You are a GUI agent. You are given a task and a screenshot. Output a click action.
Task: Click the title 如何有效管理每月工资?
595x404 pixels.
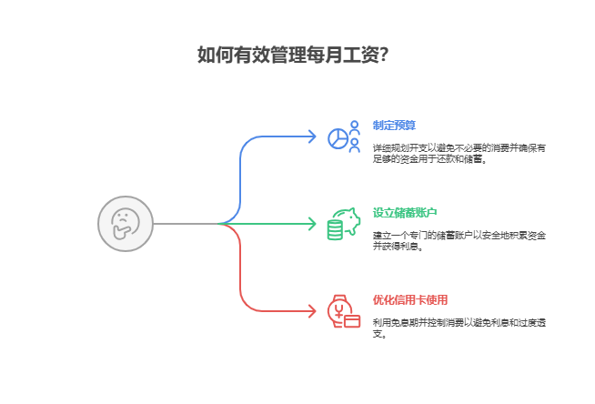point(292,55)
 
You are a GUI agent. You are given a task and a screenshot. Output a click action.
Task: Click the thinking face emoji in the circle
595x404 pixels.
point(126,223)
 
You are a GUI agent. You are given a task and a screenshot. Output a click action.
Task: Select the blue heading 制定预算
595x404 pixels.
point(395,125)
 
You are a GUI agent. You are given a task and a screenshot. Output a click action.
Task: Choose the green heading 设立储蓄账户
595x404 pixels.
point(405,212)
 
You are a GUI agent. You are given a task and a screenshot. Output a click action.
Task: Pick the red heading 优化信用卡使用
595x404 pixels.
point(410,299)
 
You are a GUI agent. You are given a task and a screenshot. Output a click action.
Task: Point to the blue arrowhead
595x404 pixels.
point(311,136)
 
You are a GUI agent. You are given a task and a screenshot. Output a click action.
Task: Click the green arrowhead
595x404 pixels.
point(311,223)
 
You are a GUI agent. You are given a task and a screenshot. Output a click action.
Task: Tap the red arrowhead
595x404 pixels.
point(311,311)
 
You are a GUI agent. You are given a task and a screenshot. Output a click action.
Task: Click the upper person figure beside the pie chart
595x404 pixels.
point(354,127)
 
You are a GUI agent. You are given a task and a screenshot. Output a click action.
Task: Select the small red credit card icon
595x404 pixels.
point(352,319)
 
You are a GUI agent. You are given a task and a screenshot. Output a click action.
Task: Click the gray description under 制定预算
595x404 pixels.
point(459,153)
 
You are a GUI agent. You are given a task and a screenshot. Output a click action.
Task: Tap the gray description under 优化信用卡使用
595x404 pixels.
point(459,328)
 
